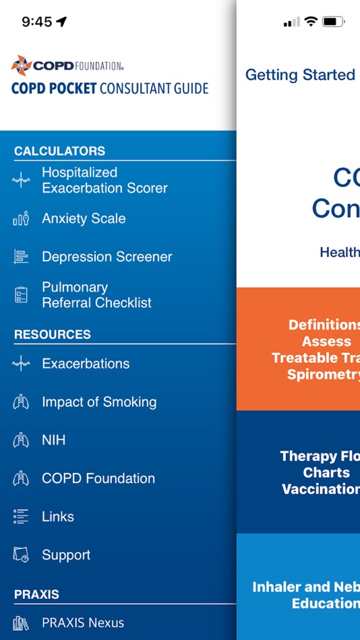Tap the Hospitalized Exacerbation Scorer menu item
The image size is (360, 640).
click(104, 181)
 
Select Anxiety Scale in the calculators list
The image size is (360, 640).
click(84, 219)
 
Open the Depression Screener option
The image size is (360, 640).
click(107, 257)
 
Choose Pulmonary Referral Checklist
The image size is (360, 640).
click(96, 295)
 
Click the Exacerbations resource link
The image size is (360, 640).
click(86, 364)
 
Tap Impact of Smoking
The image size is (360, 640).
click(99, 402)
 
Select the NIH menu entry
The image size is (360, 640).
click(53, 441)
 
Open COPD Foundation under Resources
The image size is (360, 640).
click(98, 479)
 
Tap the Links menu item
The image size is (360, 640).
click(58, 517)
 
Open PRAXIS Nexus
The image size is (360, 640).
click(83, 623)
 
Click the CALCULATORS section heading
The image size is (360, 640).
click(59, 151)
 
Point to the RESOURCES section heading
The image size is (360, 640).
click(53, 334)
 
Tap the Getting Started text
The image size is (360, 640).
click(300, 75)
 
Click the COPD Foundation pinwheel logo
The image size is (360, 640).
click(21, 65)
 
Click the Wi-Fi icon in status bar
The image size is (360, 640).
click(310, 22)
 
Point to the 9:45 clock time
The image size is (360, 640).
click(36, 22)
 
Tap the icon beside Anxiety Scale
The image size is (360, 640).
click(21, 219)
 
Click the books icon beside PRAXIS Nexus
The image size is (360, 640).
click(21, 623)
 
